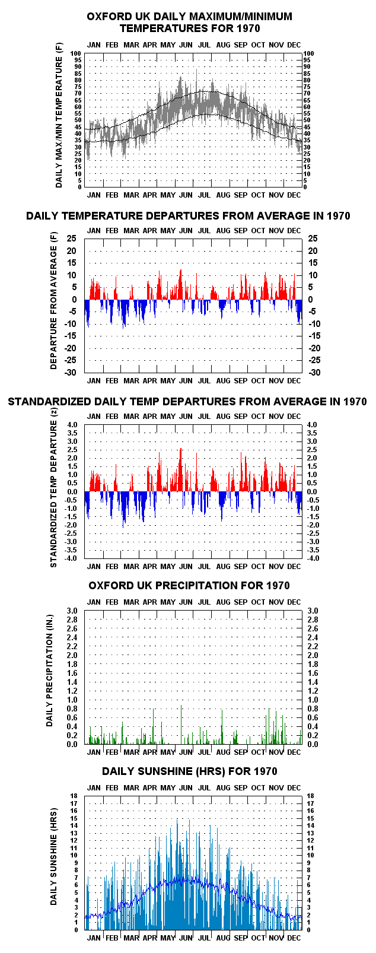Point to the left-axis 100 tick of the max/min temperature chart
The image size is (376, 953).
point(76,53)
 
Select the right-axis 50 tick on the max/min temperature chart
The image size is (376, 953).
point(306,120)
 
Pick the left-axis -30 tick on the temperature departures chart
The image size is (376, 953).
point(71,372)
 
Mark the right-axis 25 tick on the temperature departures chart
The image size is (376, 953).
point(313,239)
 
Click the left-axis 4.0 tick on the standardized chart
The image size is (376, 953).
point(72,425)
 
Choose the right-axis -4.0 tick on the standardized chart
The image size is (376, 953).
point(313,558)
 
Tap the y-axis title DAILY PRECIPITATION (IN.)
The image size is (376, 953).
point(50,677)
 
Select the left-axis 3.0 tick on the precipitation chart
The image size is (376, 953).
point(72,611)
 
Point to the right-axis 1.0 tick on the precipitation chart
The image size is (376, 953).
point(313,700)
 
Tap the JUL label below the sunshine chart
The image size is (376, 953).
point(204,938)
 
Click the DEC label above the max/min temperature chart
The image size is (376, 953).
point(294,45)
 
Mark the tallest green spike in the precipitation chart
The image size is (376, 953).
point(181,725)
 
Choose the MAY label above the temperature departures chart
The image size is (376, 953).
point(168,231)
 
